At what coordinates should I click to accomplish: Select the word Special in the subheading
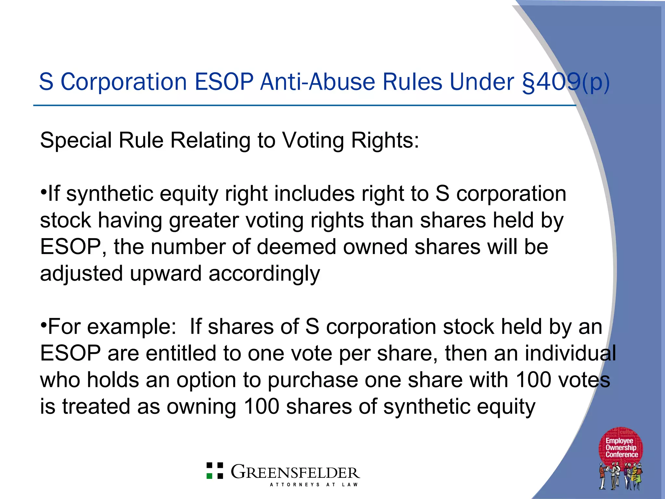coord(76,140)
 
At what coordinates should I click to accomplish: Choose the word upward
coord(166,274)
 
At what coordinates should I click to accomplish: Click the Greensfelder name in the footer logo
coord(295,472)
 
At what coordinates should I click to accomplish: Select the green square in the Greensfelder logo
coord(210,476)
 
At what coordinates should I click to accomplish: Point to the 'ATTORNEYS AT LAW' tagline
coord(314,485)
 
